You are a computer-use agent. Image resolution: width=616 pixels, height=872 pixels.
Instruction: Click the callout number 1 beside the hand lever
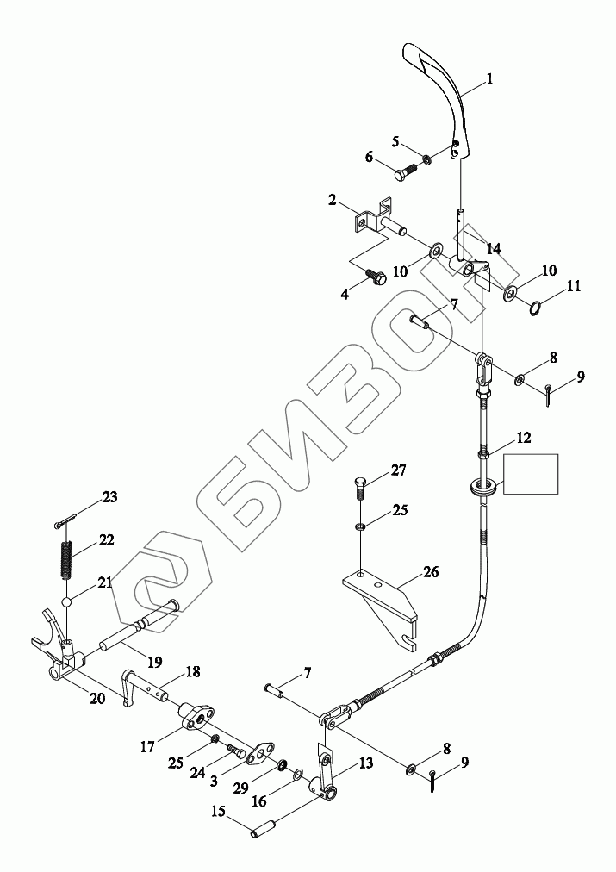(488, 79)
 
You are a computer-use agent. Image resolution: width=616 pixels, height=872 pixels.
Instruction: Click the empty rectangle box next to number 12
(531, 474)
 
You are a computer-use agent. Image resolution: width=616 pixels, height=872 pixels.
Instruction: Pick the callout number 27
(397, 470)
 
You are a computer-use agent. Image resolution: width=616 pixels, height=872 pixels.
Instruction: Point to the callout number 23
(110, 496)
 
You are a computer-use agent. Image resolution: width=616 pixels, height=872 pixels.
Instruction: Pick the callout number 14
(492, 249)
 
